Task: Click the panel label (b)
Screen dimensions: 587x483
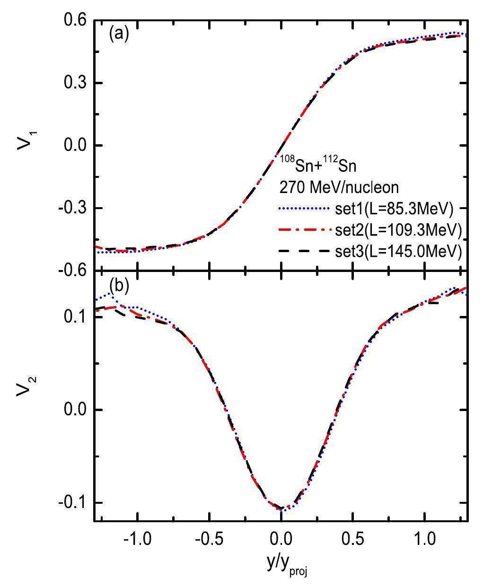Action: [x=118, y=285]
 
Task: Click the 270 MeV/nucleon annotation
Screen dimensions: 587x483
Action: [x=338, y=188]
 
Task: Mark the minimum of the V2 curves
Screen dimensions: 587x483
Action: [x=282, y=510]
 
